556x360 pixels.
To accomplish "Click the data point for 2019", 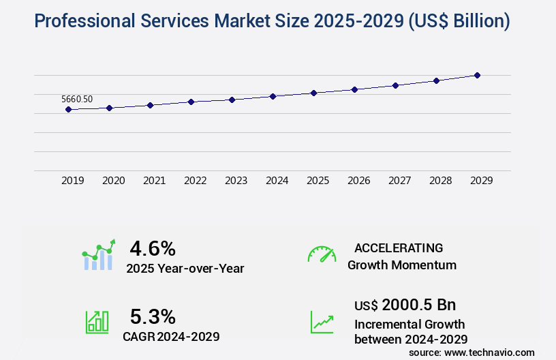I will point(68,109).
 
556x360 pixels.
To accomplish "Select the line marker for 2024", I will point(273,96).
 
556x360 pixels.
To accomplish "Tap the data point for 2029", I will point(477,75).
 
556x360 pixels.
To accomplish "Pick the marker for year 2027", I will point(395,85).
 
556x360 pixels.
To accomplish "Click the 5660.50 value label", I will point(77,99).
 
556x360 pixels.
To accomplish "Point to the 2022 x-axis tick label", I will point(195,181).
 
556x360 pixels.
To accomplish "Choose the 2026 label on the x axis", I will point(358,181).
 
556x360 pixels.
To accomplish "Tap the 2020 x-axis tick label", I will point(113,181).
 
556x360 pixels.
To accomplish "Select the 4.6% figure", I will point(153,247).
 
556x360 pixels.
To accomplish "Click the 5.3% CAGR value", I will point(153,316).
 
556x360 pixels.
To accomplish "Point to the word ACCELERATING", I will point(399,247).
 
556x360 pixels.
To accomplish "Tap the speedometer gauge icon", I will point(322,254).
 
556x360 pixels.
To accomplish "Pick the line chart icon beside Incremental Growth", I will point(322,322).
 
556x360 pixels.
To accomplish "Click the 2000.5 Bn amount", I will point(418,304).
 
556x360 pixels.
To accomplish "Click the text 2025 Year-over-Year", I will point(185,269).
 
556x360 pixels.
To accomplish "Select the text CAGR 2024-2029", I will point(171,336).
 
